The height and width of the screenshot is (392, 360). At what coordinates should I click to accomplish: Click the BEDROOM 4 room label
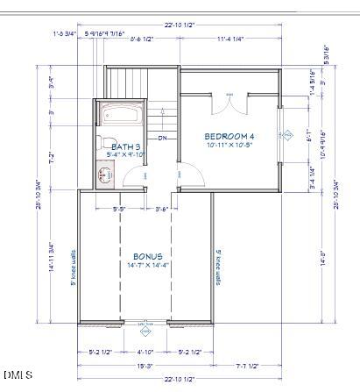[229, 136]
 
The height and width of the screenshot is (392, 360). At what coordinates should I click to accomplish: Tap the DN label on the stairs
[162, 138]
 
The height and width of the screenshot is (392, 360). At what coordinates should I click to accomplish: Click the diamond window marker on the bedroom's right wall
[287, 134]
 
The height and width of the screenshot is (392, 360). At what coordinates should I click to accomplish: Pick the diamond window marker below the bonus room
[146, 331]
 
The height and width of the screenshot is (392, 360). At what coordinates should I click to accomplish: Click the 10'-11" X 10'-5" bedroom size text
[229, 146]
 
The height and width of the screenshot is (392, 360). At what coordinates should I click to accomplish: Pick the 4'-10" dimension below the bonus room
[145, 352]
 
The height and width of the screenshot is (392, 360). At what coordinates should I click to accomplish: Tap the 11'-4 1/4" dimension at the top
[229, 39]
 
